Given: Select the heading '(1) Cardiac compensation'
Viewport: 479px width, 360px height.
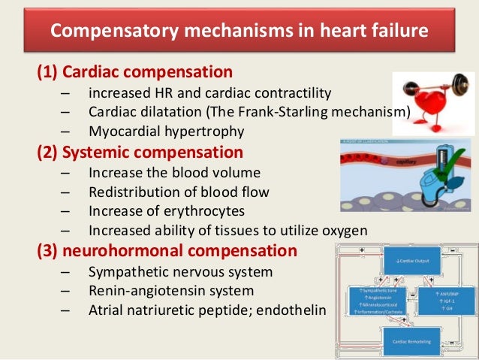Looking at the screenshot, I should point(134,73).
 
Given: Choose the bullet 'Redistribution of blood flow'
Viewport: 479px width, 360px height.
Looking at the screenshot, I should point(179,192).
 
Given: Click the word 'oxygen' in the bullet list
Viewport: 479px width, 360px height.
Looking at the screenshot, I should point(343,230).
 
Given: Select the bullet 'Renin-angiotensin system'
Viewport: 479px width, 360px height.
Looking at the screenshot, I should point(171,290).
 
